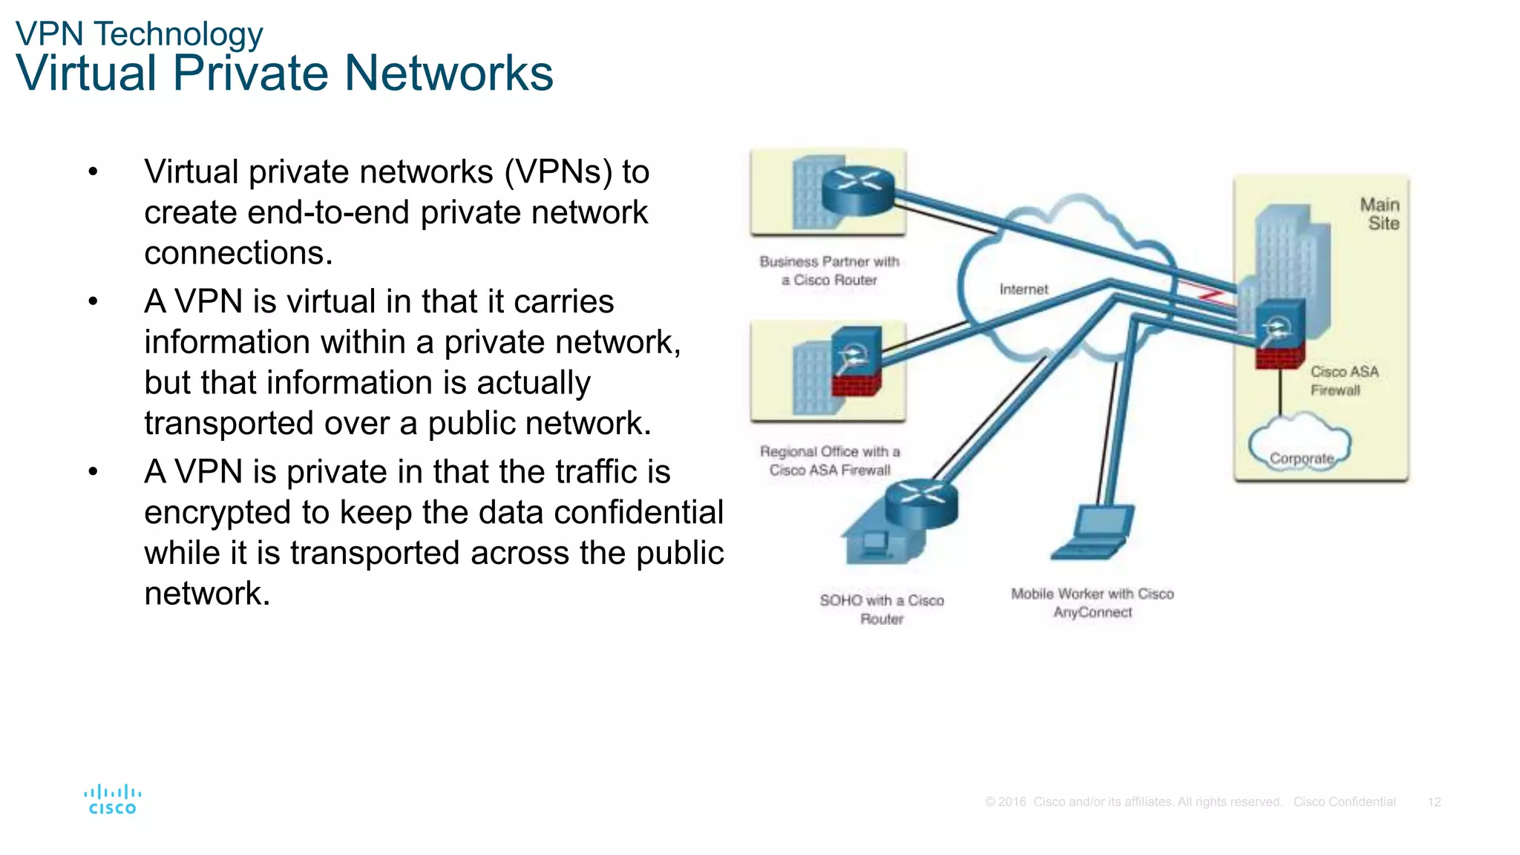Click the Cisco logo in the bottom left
[x=112, y=799]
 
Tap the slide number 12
[x=1434, y=802]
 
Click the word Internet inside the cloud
[x=1023, y=289]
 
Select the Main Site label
[x=1380, y=214]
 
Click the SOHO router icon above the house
[x=921, y=502]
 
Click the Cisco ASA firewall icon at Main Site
[x=1280, y=334]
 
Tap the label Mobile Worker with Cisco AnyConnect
[x=1092, y=603]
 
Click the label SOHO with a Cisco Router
[x=882, y=609]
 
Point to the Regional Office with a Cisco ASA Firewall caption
[x=830, y=461]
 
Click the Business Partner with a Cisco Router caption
[x=829, y=271]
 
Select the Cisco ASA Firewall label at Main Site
[x=1343, y=381]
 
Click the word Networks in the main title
[x=448, y=73]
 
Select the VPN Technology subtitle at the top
[x=139, y=34]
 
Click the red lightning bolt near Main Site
[x=1209, y=295]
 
